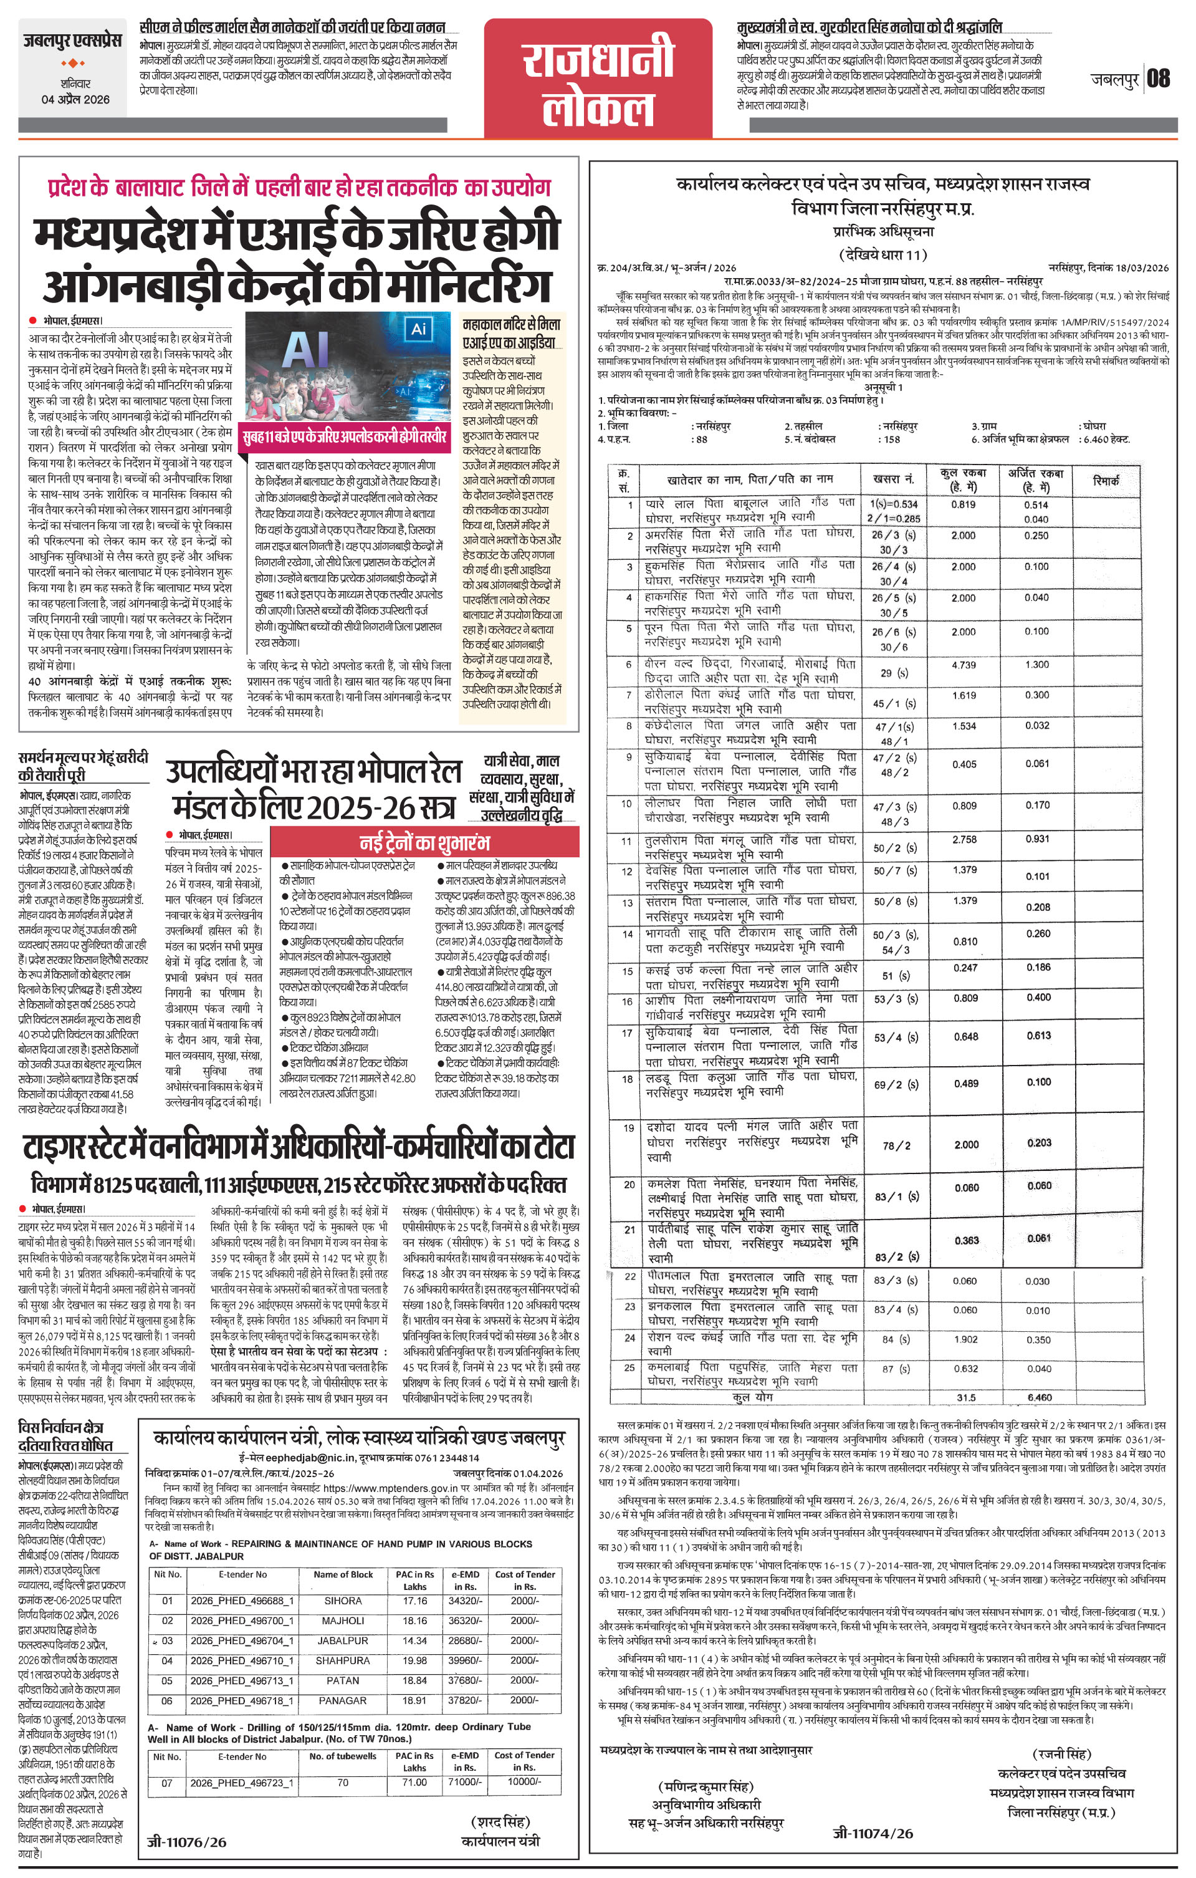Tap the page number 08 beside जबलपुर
click(x=1159, y=78)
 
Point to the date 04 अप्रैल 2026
click(x=75, y=99)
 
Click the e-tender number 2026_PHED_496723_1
click(x=242, y=1782)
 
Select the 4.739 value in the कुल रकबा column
click(x=964, y=665)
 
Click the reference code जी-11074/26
click(x=873, y=1834)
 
